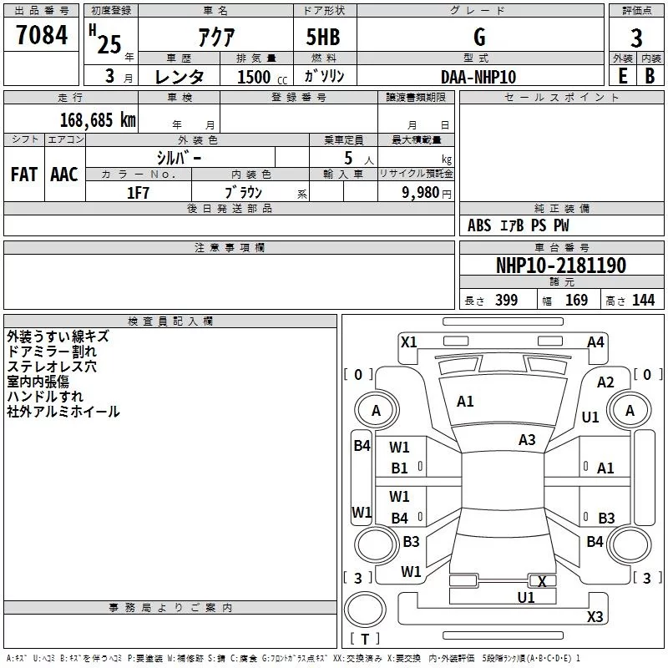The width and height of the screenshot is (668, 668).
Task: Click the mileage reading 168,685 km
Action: click(x=98, y=119)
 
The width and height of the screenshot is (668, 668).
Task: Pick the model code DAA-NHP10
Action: click(x=478, y=77)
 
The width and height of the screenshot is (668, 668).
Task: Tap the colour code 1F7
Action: click(x=138, y=193)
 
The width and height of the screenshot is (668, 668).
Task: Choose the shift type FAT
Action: click(x=24, y=175)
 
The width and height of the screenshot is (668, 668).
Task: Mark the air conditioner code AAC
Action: click(x=64, y=175)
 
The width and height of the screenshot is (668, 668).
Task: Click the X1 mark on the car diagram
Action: click(x=409, y=342)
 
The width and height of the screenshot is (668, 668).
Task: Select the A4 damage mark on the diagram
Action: click(x=595, y=342)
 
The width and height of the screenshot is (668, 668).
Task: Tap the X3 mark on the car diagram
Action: click(x=595, y=616)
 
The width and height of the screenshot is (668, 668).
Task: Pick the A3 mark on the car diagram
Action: click(x=527, y=439)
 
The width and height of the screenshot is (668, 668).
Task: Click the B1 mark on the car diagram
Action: click(x=400, y=468)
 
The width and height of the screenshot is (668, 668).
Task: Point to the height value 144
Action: click(x=643, y=301)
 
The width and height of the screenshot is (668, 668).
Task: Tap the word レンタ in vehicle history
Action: click(x=180, y=77)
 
